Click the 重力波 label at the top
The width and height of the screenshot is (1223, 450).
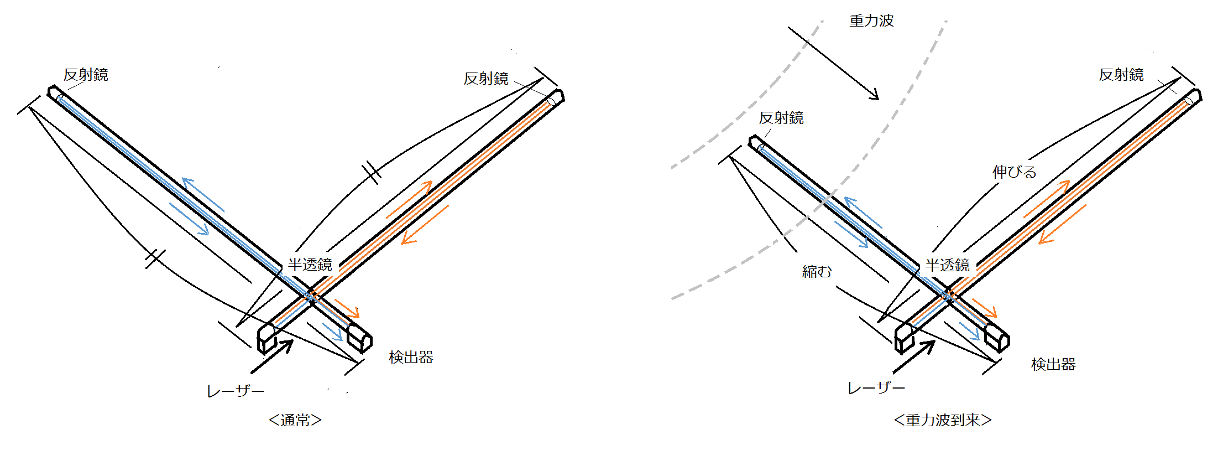coord(871,20)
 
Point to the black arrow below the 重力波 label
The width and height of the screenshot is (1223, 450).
coord(833,63)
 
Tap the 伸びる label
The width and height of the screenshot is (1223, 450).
coord(1014,172)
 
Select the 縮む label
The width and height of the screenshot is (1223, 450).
coord(817,271)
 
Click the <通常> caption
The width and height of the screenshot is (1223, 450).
coord(295,420)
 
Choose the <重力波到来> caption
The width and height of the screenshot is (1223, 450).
coord(943,420)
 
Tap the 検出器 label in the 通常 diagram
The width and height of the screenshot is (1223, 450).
coord(411,357)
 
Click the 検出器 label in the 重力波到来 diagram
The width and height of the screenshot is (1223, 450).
coord(1053,364)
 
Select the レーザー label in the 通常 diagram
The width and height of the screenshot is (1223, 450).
coord(236,391)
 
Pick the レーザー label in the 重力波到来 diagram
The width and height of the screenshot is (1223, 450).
coord(876,388)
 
